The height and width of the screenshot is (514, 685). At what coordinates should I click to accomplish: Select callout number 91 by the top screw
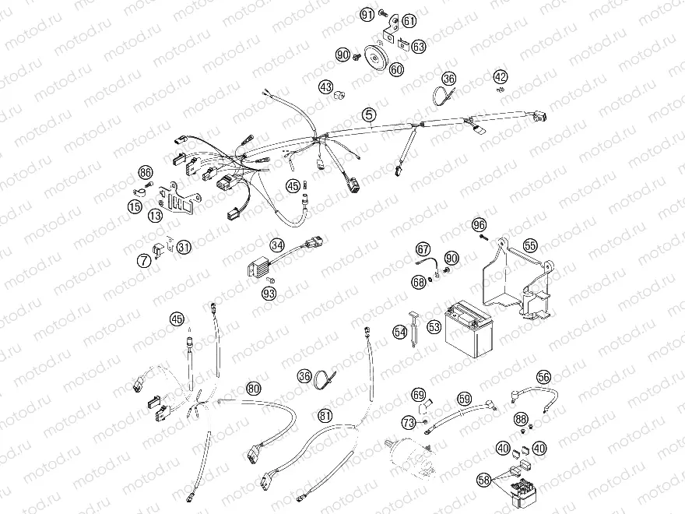[367, 15]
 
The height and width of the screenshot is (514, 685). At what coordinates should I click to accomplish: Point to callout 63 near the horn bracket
[419, 46]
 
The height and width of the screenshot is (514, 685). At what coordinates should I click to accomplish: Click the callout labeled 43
[326, 87]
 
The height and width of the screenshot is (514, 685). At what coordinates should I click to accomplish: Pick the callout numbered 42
[501, 77]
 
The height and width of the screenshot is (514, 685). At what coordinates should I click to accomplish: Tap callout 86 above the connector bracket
[146, 173]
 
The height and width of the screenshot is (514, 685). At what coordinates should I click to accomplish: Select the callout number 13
[155, 215]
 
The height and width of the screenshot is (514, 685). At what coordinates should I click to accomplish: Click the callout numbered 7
[144, 261]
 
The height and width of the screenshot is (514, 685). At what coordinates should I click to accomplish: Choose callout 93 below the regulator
[269, 294]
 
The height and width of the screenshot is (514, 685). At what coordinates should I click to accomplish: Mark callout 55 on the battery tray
[530, 245]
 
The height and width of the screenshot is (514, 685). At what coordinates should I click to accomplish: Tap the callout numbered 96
[479, 225]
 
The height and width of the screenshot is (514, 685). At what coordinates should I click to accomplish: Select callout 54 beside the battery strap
[400, 333]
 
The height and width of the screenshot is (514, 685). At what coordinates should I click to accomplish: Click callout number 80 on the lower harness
[254, 388]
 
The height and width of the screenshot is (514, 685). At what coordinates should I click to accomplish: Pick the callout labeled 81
[325, 415]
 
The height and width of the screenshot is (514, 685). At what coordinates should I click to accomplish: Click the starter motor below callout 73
[409, 456]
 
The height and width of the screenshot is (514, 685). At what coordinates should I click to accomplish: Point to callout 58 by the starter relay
[483, 481]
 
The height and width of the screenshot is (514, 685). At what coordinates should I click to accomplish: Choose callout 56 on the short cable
[544, 377]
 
